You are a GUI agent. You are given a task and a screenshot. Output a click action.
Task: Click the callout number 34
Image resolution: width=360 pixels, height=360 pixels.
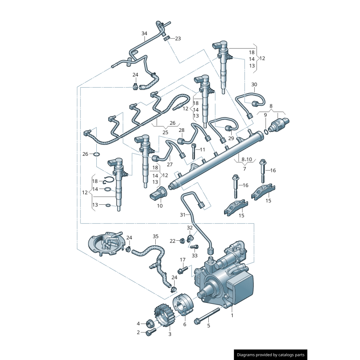point(144,34)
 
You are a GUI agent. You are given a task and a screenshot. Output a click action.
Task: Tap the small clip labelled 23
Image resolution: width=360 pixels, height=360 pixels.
point(166,38)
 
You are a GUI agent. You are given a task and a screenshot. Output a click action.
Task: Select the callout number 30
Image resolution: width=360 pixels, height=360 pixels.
point(254,85)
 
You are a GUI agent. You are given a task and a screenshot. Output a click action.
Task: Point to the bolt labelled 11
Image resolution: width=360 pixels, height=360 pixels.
point(193,151)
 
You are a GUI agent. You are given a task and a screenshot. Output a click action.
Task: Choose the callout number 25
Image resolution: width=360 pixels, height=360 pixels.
point(165,133)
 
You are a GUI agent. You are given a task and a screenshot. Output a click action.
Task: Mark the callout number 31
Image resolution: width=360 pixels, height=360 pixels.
point(182,215)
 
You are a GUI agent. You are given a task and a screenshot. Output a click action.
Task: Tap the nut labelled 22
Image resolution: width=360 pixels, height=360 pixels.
point(182,241)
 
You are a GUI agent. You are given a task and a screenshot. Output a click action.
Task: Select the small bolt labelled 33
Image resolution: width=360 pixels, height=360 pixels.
point(194,247)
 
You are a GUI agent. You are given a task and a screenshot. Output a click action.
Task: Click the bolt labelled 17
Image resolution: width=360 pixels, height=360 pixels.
point(182,270)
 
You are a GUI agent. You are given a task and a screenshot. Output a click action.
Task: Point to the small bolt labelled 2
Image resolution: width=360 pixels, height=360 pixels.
point(150,332)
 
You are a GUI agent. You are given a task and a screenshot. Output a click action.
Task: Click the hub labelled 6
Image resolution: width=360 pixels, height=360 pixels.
point(184,305)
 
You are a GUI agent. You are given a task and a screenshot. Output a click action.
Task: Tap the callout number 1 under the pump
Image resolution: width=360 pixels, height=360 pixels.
point(232,316)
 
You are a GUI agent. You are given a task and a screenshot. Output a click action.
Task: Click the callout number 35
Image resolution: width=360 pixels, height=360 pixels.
point(156,236)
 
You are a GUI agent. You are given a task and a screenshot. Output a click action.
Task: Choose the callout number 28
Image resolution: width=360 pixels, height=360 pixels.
point(181,130)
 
